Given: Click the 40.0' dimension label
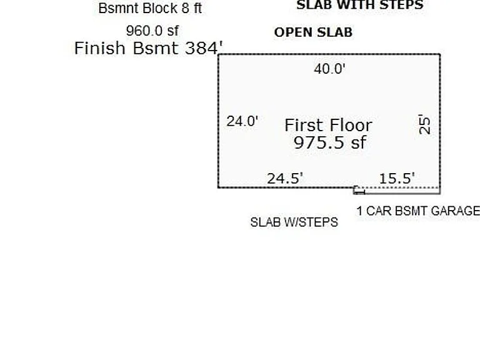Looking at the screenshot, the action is [330, 69].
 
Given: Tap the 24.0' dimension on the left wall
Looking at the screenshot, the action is [242, 121].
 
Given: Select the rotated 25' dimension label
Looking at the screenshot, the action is [424, 124].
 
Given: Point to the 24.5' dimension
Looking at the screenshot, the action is [285, 178].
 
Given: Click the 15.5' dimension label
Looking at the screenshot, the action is [397, 178].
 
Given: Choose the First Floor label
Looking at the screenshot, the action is [328, 125].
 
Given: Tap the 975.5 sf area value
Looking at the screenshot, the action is [330, 142].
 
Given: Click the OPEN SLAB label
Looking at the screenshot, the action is [313, 32].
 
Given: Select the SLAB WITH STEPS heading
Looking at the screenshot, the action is [360, 5].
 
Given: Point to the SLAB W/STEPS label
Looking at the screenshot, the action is [294, 222].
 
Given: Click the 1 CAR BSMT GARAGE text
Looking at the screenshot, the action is [418, 211].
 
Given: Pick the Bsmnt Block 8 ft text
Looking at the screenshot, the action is [150, 8].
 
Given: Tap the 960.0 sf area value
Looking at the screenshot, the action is [152, 31].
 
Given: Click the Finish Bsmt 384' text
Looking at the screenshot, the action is [149, 48].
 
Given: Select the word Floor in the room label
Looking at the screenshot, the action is [351, 125].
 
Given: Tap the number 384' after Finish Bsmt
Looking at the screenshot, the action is [204, 48].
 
